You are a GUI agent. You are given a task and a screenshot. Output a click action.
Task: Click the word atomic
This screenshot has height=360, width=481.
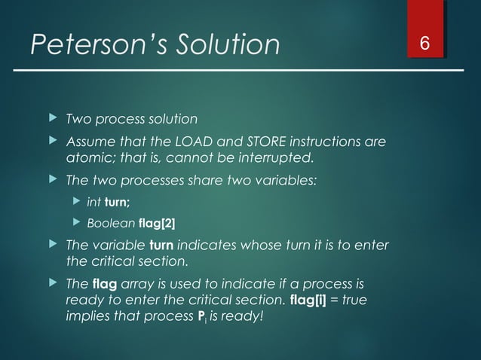coord(89,158)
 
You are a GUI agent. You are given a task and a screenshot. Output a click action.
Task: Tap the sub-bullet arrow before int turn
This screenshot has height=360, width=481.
coord(75,202)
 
